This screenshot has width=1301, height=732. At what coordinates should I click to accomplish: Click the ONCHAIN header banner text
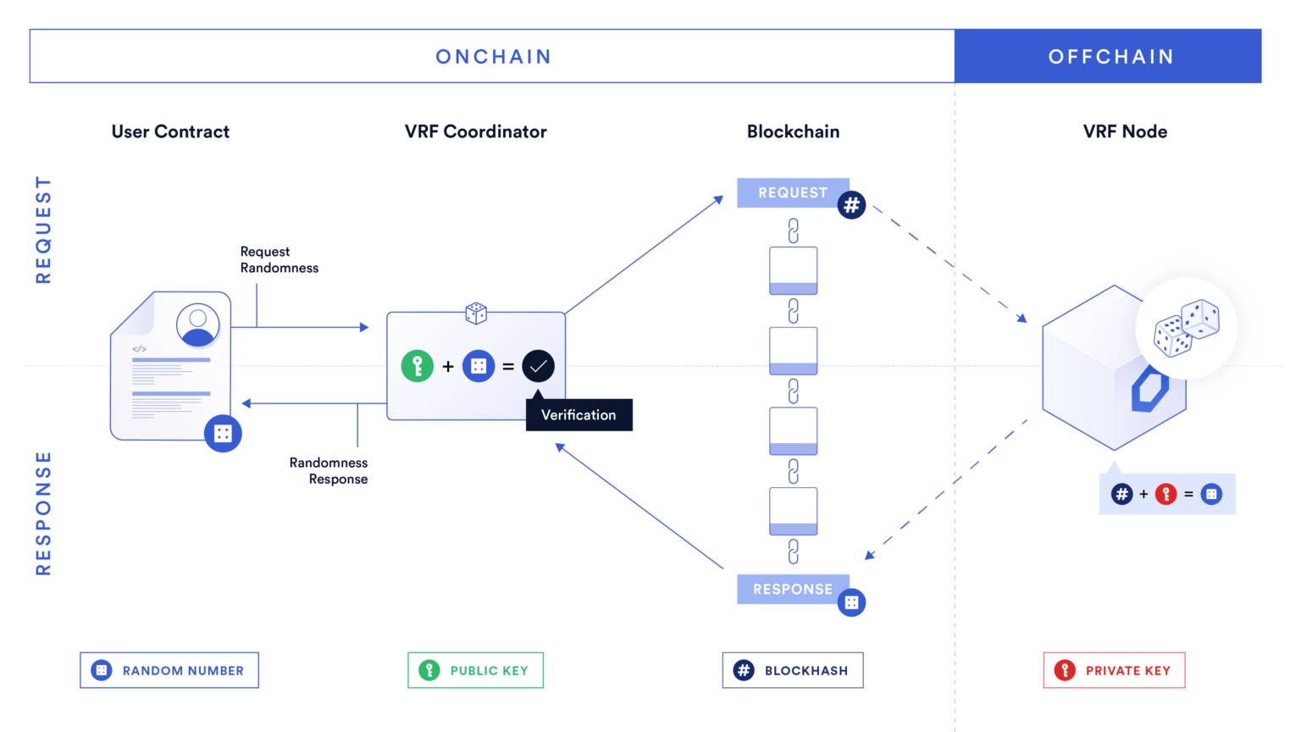(x=493, y=57)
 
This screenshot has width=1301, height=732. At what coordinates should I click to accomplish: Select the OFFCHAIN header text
(x=1110, y=57)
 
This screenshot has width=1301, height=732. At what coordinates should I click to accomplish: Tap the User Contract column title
(x=170, y=131)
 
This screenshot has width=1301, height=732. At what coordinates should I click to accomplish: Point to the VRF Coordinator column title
(x=475, y=131)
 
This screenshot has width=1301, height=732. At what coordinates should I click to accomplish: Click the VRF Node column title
(x=1125, y=131)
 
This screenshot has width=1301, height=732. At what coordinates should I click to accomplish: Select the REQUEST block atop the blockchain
(x=792, y=193)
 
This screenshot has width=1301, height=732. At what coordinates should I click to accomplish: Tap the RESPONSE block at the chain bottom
(x=792, y=589)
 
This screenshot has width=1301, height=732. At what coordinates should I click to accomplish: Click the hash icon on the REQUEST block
(x=851, y=205)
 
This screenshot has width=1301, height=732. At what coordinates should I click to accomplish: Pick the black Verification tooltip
(x=579, y=415)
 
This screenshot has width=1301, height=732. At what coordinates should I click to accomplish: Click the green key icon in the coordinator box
(x=417, y=366)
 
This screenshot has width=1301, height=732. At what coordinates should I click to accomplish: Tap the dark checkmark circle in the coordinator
(x=538, y=366)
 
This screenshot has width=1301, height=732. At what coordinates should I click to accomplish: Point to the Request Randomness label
(x=279, y=259)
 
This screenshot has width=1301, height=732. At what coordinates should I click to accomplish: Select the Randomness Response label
(x=329, y=470)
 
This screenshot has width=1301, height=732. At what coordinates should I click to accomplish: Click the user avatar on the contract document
(x=198, y=324)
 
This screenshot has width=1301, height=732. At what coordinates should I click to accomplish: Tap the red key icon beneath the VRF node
(x=1165, y=494)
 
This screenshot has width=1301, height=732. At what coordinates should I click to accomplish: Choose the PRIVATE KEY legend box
(x=1114, y=670)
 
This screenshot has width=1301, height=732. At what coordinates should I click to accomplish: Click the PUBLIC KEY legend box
(x=475, y=670)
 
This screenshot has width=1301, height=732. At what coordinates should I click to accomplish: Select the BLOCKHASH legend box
(x=792, y=670)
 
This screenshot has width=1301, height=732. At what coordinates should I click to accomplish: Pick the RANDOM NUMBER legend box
(x=169, y=670)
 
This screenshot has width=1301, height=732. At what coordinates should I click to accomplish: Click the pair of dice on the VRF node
(x=1186, y=327)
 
